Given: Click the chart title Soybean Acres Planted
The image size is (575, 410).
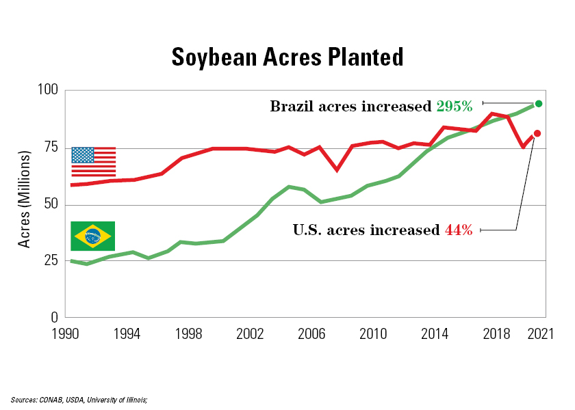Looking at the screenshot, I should (x=287, y=57).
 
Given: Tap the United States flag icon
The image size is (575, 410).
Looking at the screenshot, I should (x=93, y=161).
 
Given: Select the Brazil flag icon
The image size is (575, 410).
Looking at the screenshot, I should (x=93, y=236).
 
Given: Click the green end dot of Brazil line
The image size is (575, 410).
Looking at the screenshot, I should (x=538, y=104).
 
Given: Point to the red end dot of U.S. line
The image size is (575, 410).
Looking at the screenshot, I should (x=537, y=133).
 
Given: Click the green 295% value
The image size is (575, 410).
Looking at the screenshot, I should (x=454, y=107).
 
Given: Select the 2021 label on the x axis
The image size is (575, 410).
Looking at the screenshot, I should (x=539, y=334).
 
